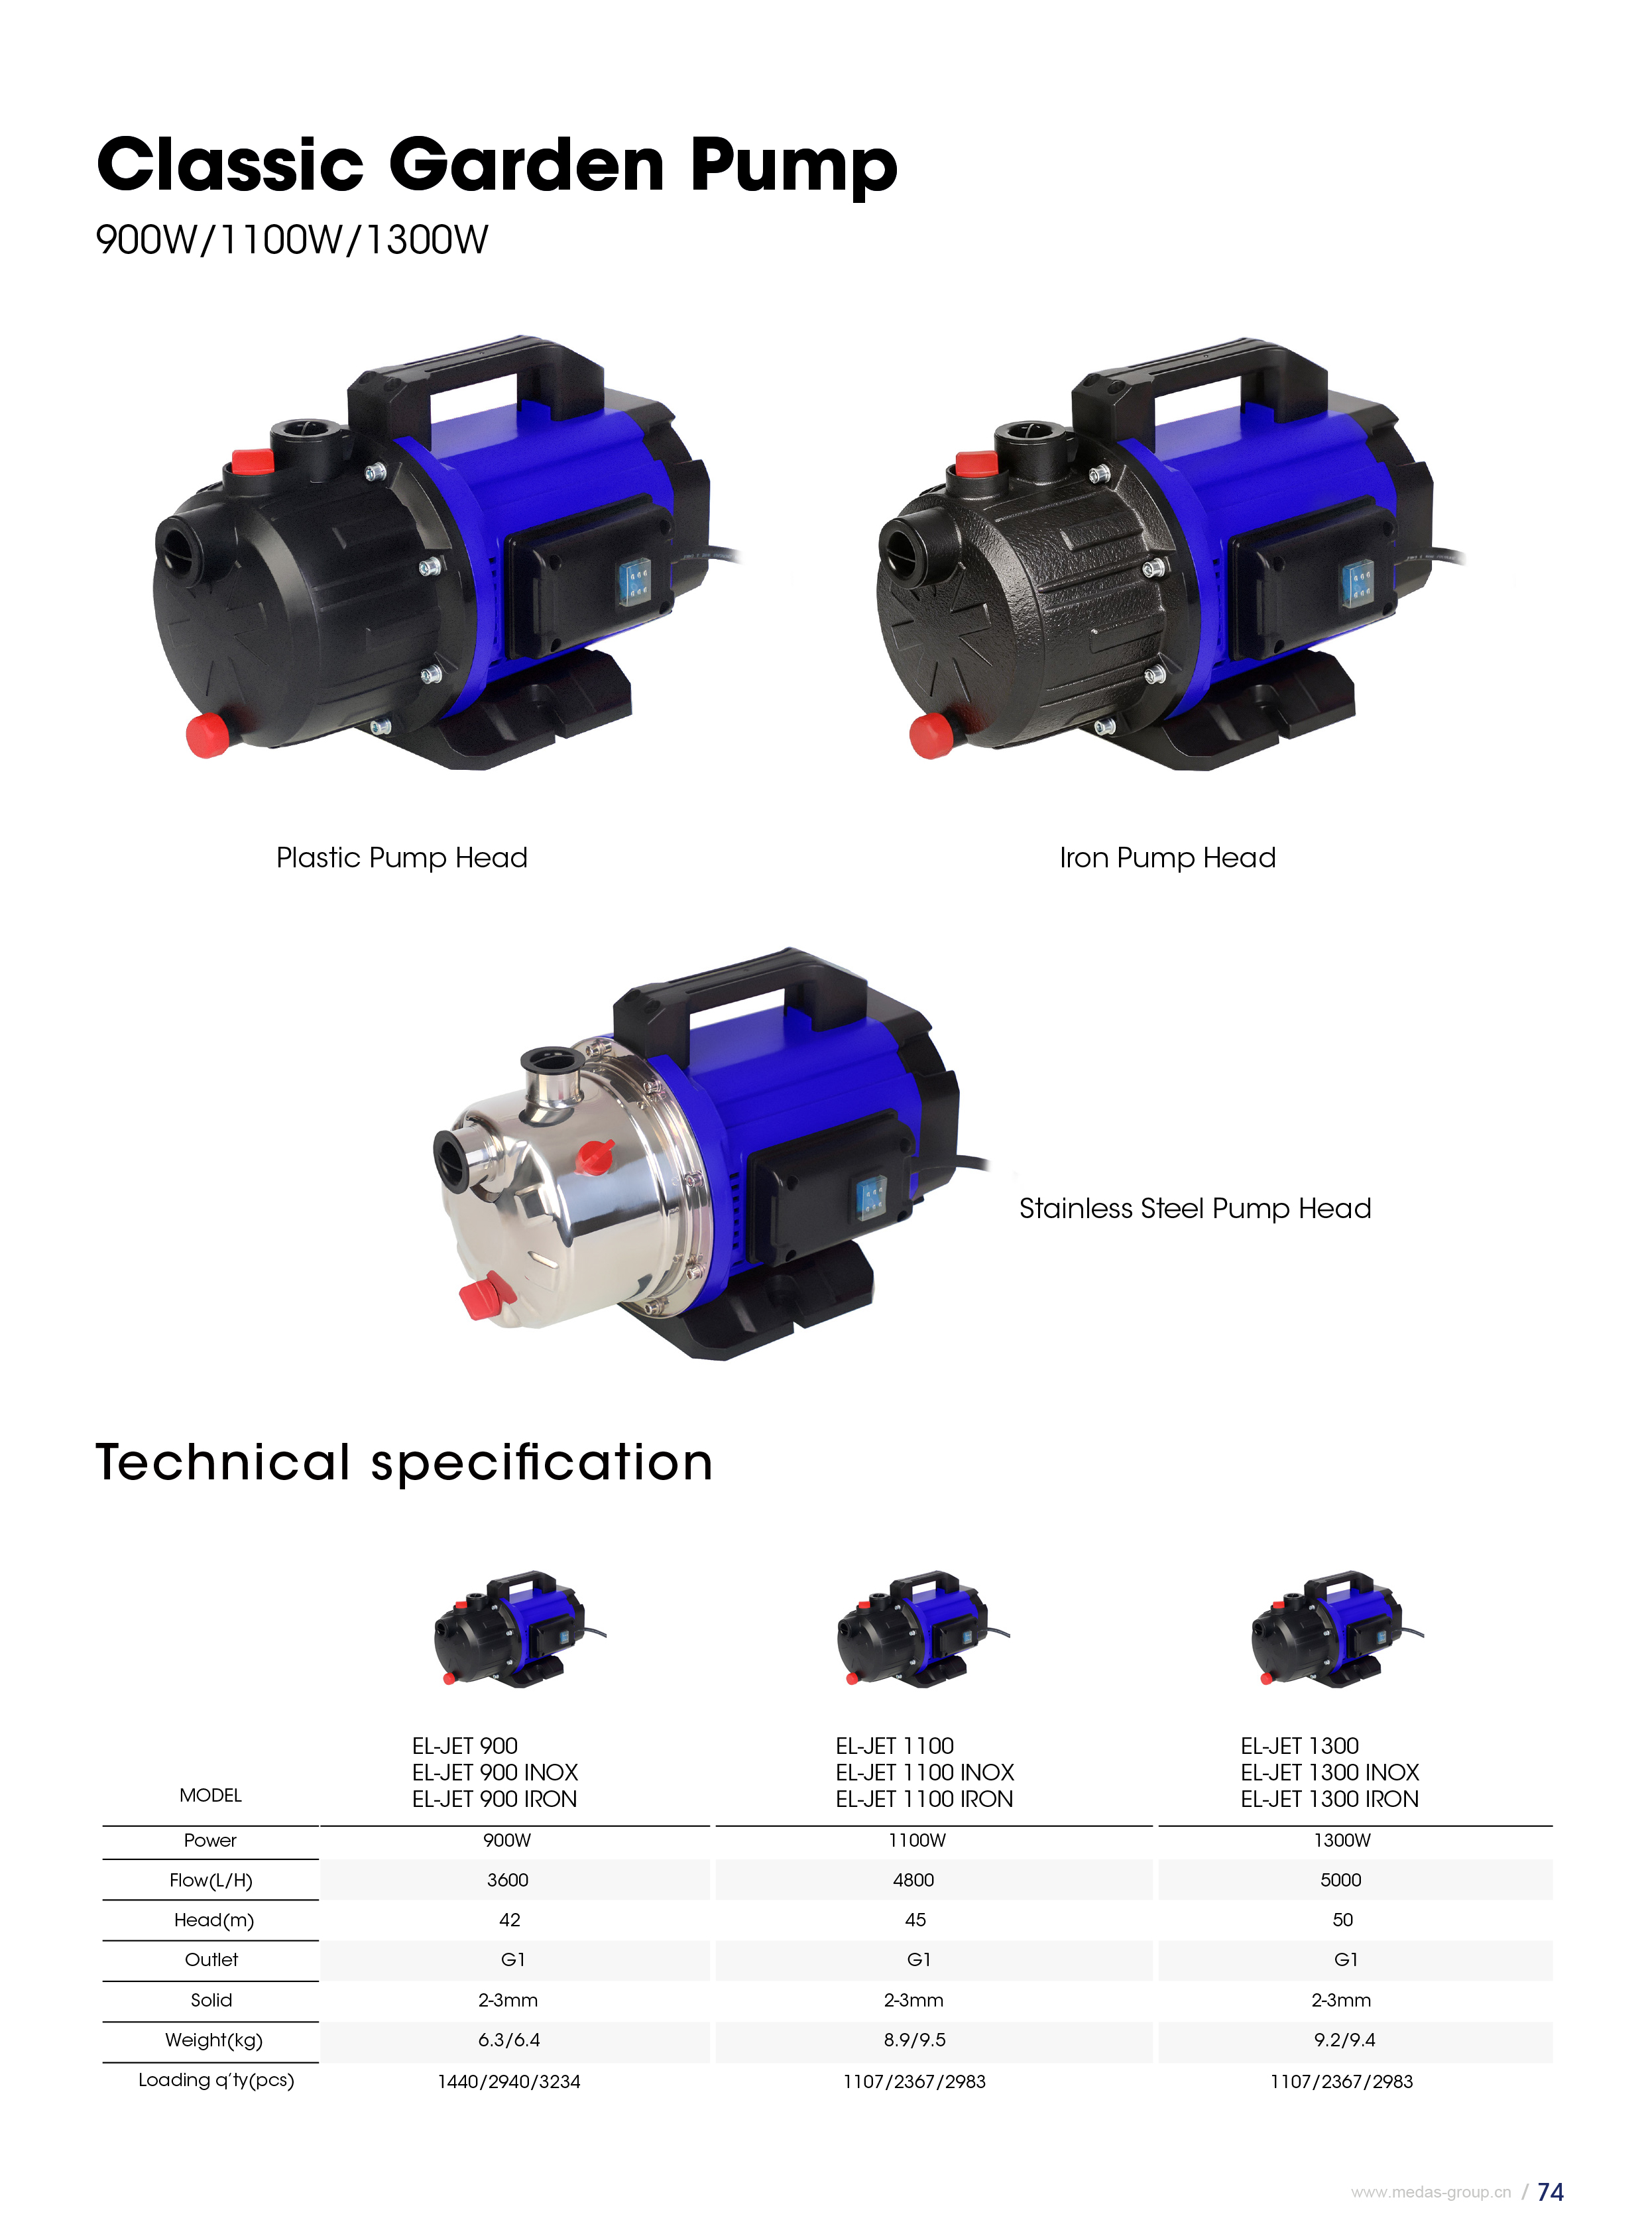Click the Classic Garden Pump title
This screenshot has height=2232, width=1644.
(497, 165)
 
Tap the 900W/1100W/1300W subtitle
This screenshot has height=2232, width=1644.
(292, 240)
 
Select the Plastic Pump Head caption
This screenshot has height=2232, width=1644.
(401, 857)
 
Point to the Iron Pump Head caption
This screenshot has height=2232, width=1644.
(1167, 857)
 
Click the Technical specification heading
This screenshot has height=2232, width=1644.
(404, 1462)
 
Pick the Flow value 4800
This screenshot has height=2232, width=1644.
(913, 1880)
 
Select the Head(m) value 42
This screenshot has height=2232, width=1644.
(510, 1920)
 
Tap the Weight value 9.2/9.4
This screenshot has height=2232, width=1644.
(1344, 2040)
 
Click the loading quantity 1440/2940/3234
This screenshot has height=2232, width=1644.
(508, 2081)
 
